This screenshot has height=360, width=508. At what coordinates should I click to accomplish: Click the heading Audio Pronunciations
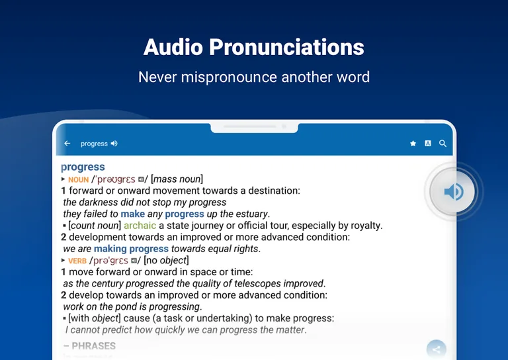(x=254, y=47)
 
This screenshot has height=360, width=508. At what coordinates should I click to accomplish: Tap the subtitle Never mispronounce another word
(x=254, y=77)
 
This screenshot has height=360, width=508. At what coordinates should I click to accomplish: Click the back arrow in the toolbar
(x=67, y=144)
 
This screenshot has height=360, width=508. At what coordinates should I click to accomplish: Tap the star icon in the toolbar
(x=413, y=144)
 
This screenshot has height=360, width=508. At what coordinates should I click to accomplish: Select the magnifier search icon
(x=443, y=144)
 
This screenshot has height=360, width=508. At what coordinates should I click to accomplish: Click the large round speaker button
(x=453, y=192)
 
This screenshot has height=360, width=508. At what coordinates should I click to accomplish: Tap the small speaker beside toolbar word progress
(x=114, y=144)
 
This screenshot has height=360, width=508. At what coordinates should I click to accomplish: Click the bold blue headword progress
(x=83, y=167)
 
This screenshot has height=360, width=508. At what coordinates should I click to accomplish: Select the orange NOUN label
(x=78, y=179)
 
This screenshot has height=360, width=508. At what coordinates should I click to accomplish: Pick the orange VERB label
(x=77, y=261)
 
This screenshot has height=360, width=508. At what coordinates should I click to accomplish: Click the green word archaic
(x=140, y=225)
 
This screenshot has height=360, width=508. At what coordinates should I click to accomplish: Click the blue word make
(x=132, y=214)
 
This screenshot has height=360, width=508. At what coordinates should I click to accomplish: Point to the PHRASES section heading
(x=89, y=345)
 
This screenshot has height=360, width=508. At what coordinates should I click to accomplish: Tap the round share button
(x=436, y=349)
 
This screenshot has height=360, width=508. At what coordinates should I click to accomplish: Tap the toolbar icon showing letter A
(x=428, y=144)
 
